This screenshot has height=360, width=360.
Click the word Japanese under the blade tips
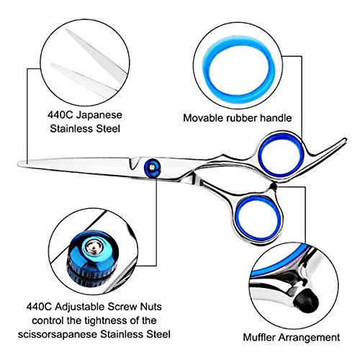tap(99, 115)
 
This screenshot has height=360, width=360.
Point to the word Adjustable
tap(80, 307)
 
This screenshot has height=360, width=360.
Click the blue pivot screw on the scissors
tap(153, 168)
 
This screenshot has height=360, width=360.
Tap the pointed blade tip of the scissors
tap(19, 163)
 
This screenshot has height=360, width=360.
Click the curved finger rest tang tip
tap(345, 140)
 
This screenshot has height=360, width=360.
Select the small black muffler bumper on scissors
tap(273, 186)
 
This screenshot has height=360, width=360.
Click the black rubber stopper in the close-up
tap(306, 300)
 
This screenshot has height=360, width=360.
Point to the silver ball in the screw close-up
tap(94, 247)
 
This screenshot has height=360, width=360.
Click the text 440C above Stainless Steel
tap(60, 115)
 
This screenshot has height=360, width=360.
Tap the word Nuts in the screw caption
tap(151, 307)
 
